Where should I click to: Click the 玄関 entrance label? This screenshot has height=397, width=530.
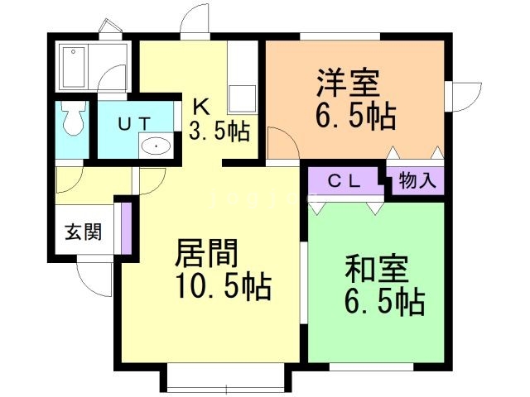coord(84,232)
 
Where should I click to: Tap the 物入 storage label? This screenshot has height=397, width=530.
coord(417,181)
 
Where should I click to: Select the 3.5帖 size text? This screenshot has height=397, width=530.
coord(219,132)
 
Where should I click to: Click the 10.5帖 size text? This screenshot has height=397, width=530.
coord(222,287)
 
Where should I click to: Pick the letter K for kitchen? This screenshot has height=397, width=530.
coord(201,105)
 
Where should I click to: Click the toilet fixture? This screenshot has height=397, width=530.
coord(73,120)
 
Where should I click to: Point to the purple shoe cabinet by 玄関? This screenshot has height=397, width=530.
coord(127,227)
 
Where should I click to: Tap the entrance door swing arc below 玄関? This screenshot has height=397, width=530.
coord(92,279)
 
